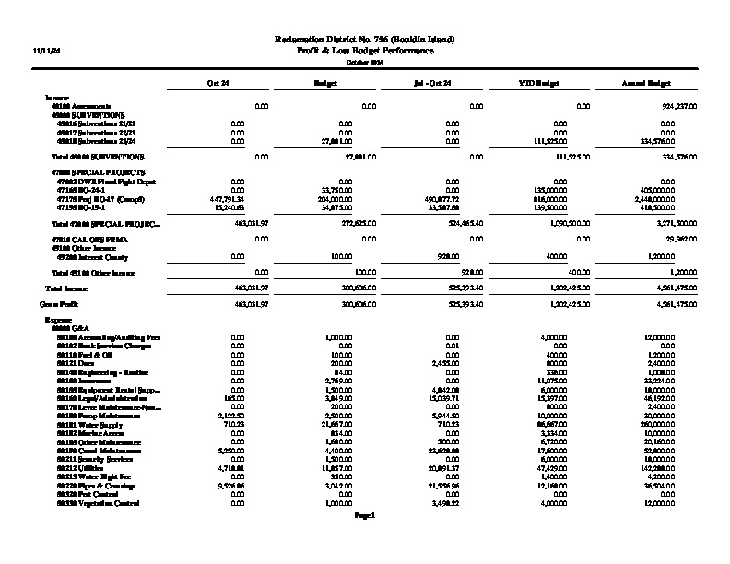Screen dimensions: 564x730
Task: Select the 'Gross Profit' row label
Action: coord(55,302)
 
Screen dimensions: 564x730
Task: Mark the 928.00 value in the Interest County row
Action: coord(448,255)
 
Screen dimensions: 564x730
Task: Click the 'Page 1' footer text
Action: coord(365,516)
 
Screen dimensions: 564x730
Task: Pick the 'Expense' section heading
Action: coord(58,319)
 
